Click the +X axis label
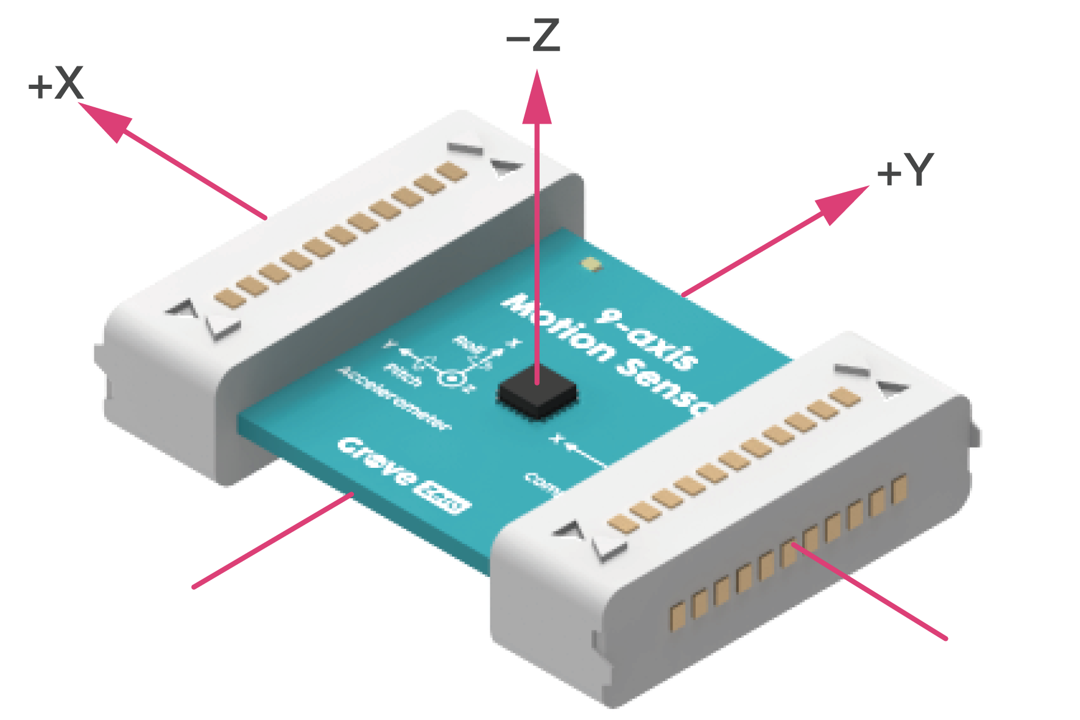click(x=56, y=83)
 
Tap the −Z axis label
click(x=533, y=37)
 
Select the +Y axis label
click(x=905, y=170)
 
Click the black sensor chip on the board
click(x=537, y=395)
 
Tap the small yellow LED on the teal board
click(x=590, y=264)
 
